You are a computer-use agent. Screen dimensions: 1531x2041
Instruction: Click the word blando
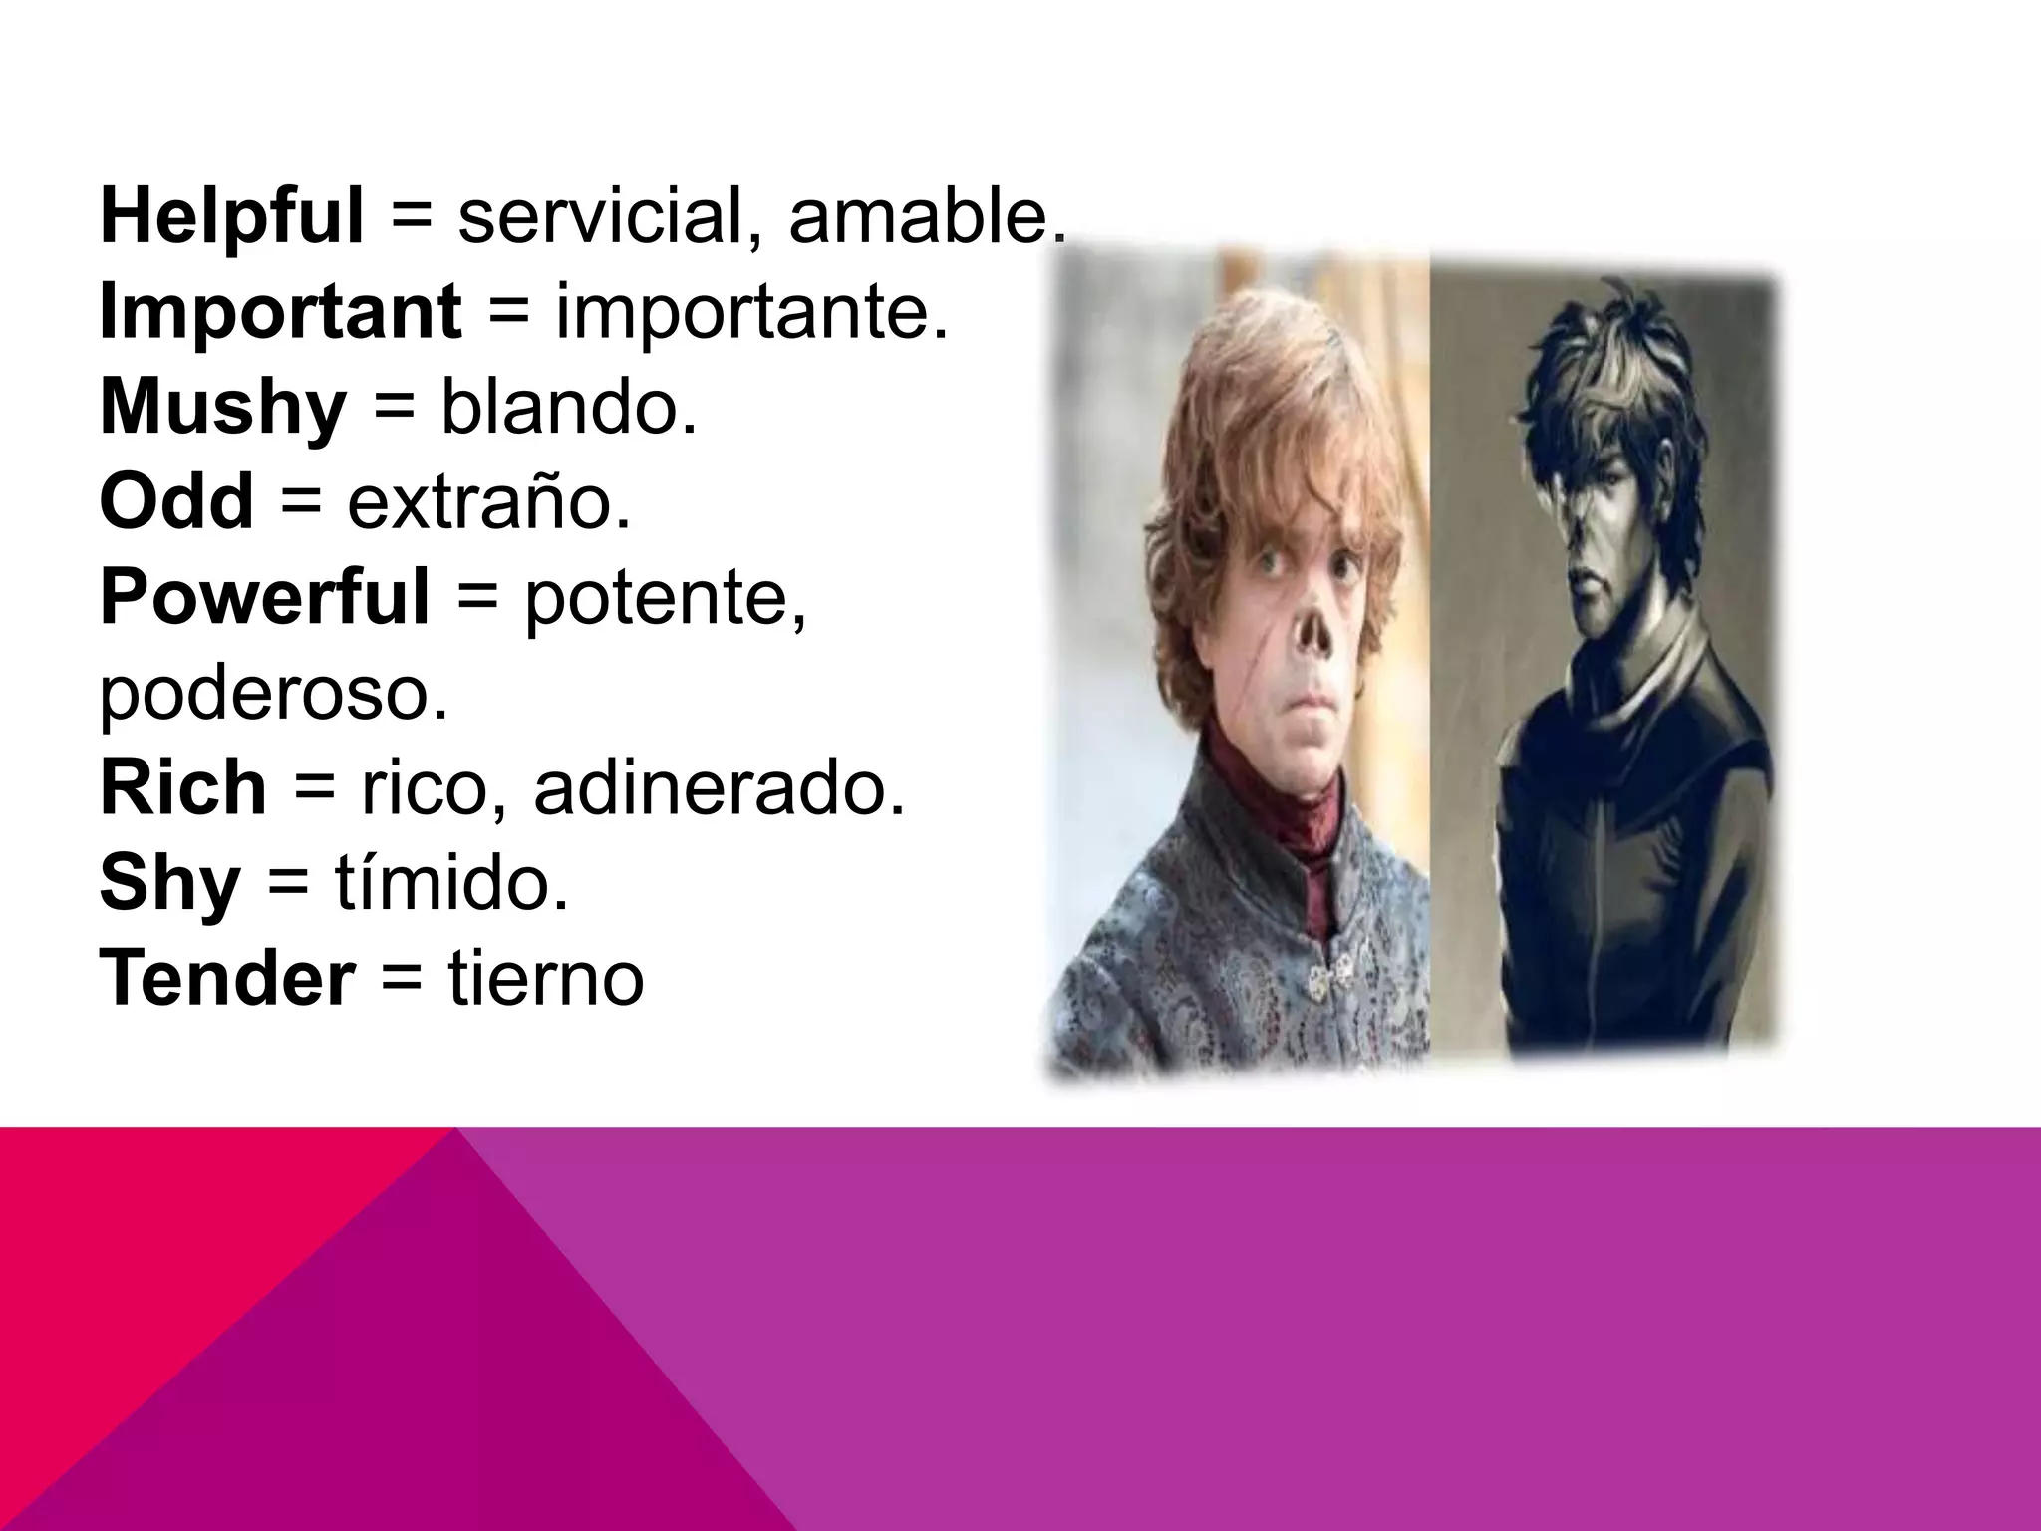click(567, 409)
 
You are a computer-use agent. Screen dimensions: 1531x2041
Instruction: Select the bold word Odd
click(176, 503)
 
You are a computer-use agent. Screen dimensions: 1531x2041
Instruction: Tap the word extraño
click(488, 503)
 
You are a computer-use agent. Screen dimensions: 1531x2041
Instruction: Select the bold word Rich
click(183, 789)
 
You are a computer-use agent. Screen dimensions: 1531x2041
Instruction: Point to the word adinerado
click(719, 789)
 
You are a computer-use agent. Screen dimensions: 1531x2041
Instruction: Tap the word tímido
click(450, 883)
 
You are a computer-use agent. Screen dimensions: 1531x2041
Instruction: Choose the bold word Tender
click(227, 980)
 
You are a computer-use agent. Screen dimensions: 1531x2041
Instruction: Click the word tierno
click(545, 980)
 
